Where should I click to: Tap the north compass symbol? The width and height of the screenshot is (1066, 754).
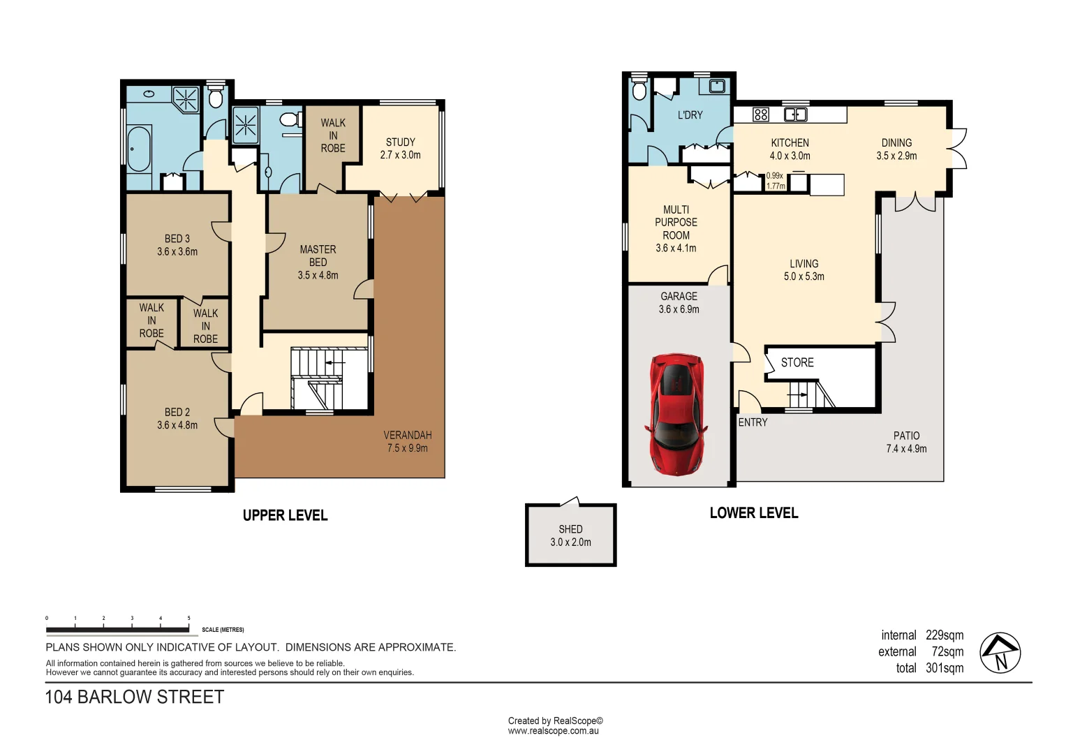(1000, 653)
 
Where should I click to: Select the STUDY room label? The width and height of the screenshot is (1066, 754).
(400, 142)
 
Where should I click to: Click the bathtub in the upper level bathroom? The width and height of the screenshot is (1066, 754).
(139, 148)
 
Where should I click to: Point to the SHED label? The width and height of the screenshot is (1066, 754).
(570, 529)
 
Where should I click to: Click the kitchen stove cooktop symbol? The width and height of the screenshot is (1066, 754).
(761, 114)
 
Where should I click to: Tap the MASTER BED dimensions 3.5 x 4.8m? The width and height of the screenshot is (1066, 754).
(318, 275)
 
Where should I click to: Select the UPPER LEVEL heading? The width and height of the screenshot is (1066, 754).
(285, 515)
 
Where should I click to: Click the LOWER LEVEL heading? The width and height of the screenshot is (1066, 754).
(754, 513)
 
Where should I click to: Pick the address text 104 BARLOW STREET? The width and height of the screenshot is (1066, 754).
(135, 697)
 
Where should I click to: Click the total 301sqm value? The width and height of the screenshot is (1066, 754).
(944, 668)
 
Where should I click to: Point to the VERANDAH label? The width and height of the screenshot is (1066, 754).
(408, 435)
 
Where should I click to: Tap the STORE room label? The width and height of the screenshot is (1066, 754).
(797, 362)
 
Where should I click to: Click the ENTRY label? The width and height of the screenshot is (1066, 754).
(753, 422)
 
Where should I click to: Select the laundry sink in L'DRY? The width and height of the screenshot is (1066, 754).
(717, 87)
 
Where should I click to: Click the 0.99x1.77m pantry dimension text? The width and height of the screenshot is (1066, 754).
(776, 181)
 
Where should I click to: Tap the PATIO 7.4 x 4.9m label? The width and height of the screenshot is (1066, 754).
(906, 442)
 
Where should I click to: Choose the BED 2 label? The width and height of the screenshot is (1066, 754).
(177, 412)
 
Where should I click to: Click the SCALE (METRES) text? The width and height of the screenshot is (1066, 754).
(223, 630)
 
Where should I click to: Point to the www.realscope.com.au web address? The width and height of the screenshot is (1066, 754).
(553, 731)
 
